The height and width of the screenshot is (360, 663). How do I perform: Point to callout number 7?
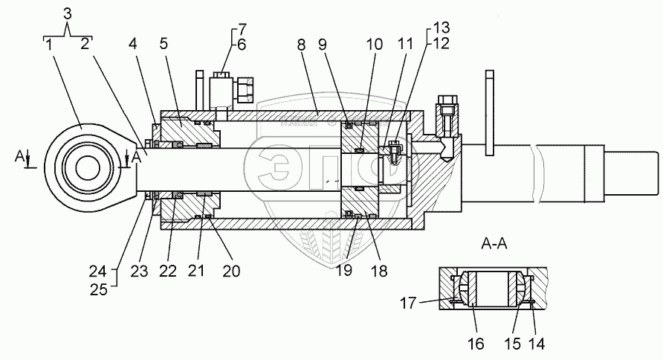pyautogui.click(x=240, y=29)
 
